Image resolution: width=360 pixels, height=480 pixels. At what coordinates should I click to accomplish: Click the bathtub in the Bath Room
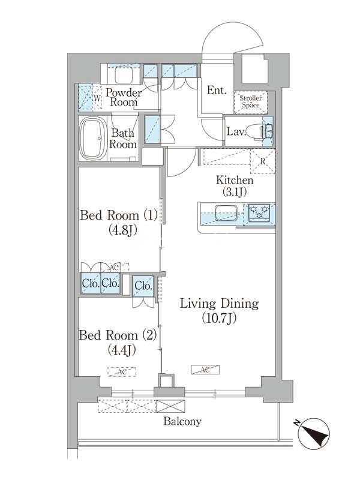click(93, 139)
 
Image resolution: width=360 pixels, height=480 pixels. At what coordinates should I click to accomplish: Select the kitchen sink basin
click(227, 213)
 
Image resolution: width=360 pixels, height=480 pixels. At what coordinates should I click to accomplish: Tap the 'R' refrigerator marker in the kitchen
click(263, 161)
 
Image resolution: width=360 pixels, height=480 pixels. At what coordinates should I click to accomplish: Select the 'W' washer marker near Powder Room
click(97, 98)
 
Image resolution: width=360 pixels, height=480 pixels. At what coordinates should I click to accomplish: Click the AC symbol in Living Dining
click(205, 370)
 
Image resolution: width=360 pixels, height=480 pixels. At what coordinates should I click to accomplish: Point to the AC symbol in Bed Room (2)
click(122, 371)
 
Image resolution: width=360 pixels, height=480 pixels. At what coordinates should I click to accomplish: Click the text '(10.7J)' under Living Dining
click(219, 319)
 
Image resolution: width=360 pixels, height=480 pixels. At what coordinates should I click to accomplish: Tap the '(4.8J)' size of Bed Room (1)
click(122, 230)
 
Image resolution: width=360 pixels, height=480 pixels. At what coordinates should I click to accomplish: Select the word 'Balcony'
click(182, 422)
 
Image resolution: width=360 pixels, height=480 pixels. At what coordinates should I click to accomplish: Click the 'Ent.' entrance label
click(217, 90)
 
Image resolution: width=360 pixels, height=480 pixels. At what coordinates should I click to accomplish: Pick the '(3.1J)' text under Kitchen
click(235, 191)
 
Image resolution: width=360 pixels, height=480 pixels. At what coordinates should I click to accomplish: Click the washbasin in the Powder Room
click(123, 74)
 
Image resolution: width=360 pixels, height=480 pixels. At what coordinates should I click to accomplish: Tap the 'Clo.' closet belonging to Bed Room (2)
click(143, 286)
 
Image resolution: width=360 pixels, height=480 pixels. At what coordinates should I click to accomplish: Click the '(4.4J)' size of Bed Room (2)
click(122, 350)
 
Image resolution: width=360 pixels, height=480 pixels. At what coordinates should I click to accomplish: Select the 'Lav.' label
click(236, 132)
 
